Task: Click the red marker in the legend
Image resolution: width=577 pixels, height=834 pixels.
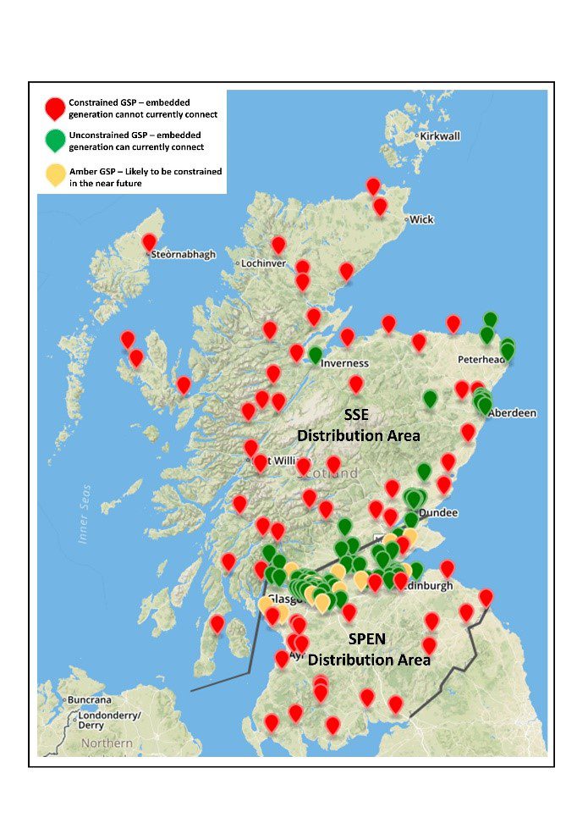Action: [55, 108]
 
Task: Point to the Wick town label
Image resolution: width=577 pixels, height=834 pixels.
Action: [421, 219]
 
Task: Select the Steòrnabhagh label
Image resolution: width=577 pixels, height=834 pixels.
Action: [184, 254]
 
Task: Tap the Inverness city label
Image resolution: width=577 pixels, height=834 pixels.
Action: [344, 363]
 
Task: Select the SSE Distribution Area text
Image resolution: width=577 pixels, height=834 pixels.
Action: [358, 424]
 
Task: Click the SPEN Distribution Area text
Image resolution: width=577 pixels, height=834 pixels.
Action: [369, 649]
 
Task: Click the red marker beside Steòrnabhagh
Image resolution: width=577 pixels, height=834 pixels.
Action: [150, 242]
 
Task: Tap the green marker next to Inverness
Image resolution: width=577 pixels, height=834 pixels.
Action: [316, 355]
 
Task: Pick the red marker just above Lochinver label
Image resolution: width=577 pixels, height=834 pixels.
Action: [278, 245]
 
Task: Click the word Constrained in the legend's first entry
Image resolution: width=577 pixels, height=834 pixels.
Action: [93, 102]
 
